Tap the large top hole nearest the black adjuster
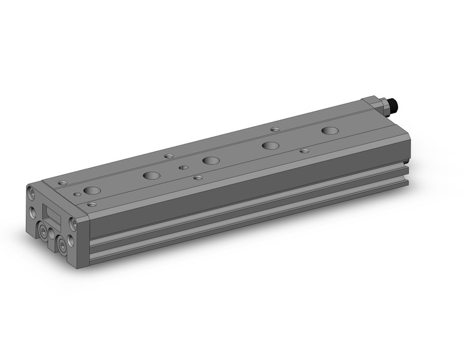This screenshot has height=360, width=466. pos(330,131)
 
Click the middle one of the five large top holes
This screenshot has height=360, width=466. pos(211,161)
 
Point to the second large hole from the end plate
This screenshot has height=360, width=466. pos(151,175)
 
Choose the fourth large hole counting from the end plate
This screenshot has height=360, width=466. pos(269,146)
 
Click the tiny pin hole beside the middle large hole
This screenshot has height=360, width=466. pos(182,166)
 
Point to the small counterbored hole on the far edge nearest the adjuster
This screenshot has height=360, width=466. pos(275,129)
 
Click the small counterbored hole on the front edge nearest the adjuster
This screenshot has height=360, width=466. pos(304,150)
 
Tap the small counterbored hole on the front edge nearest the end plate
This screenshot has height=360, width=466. pos(92,204)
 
